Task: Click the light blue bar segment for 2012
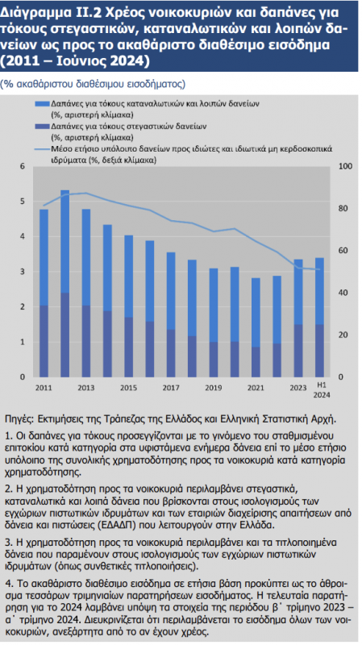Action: pyautogui.click(x=65, y=241)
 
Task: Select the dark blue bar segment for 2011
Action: pyautogui.click(x=44, y=341)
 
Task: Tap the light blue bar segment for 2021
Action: pyautogui.click(x=256, y=312)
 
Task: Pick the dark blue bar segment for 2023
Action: pyautogui.click(x=298, y=351)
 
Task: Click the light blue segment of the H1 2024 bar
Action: pyautogui.click(x=319, y=291)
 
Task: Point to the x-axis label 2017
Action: pyautogui.click(x=171, y=388)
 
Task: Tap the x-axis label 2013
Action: pyautogui.click(x=86, y=388)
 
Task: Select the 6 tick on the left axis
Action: pyautogui.click(x=23, y=166)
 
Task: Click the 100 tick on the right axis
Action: pyautogui.click(x=346, y=166)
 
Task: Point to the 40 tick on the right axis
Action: pyautogui.click(x=344, y=293)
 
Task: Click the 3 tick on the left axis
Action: pyautogui.click(x=23, y=272)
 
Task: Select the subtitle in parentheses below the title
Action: pyautogui.click(x=93, y=85)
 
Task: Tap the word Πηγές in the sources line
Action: pyautogui.click(x=18, y=419)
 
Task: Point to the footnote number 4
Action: pyautogui.click(x=8, y=584)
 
